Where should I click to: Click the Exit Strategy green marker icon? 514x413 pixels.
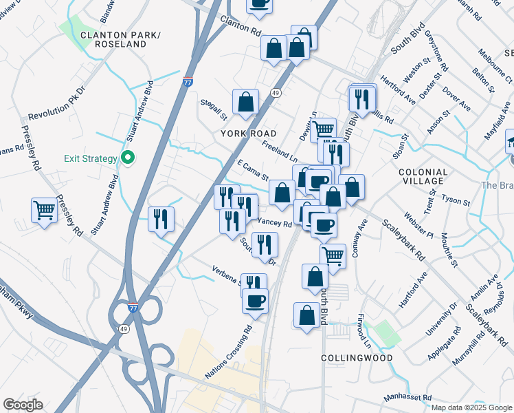point(127,158)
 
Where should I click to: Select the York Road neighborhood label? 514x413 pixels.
point(248,133)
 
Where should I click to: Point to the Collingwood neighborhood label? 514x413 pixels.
point(357,358)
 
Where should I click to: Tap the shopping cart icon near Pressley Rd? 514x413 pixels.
point(44,209)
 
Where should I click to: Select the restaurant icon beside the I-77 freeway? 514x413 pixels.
point(161,219)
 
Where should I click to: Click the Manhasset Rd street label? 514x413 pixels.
point(407,398)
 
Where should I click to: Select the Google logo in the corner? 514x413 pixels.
point(23,405)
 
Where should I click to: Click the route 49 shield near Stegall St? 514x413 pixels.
point(276,92)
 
